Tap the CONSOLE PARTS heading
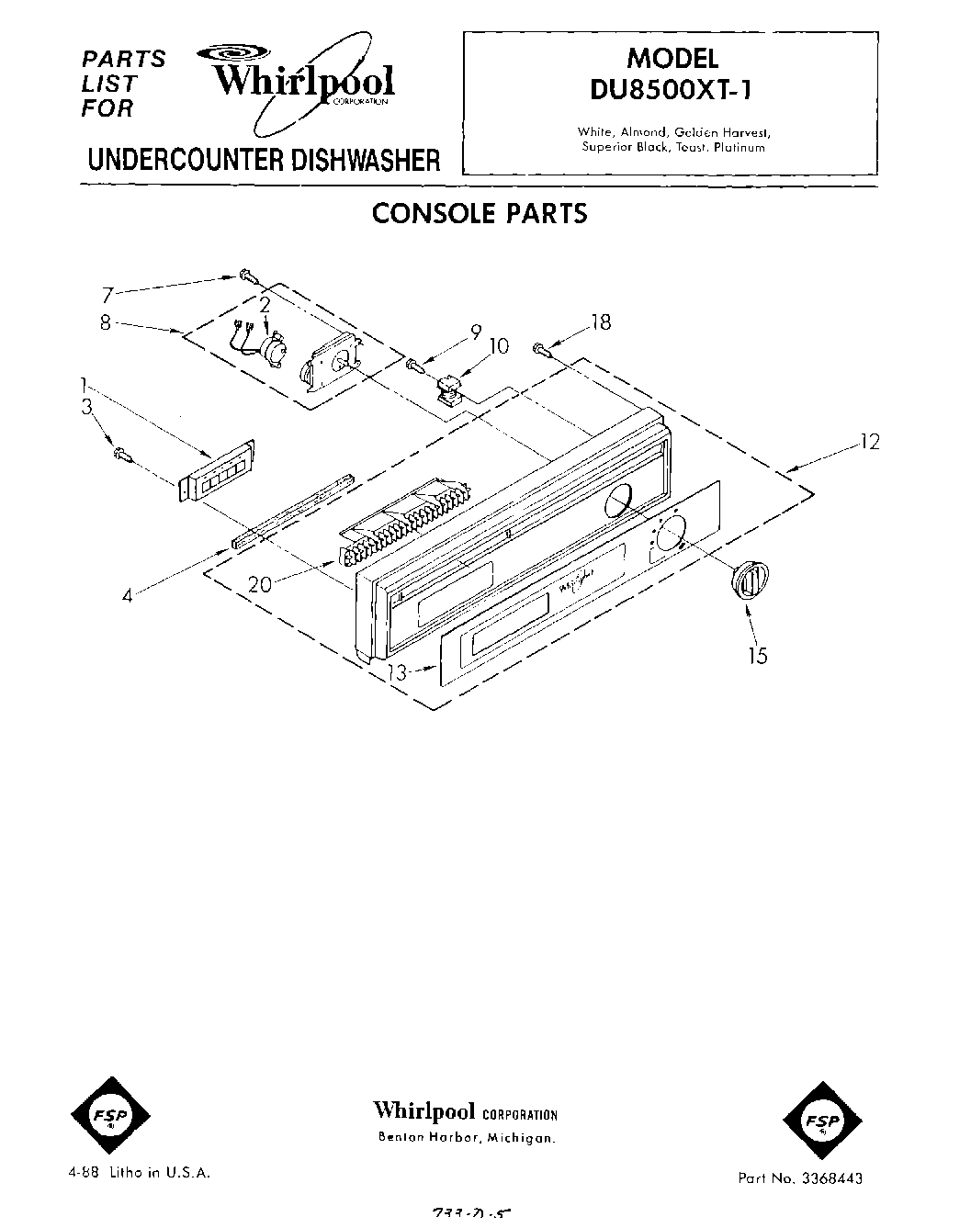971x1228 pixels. click(479, 213)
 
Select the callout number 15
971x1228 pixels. click(757, 656)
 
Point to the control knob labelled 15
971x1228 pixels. click(748, 581)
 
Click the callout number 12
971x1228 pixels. click(869, 442)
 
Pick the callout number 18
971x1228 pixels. click(601, 322)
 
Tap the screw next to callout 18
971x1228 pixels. click(540, 348)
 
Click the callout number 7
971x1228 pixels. click(107, 295)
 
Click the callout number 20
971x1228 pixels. click(260, 583)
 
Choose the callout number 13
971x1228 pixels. click(398, 671)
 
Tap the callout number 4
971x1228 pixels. click(128, 594)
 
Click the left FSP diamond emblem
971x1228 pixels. click(104, 1114)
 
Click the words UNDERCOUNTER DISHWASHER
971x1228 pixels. click(264, 160)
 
